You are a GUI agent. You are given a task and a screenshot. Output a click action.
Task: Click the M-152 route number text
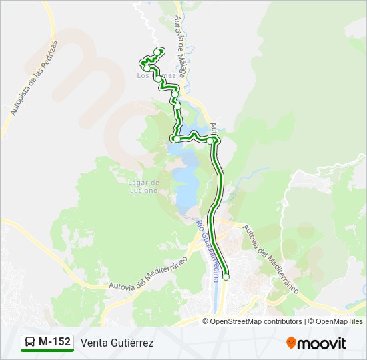55,342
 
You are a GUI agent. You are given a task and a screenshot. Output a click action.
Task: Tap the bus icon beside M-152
30,343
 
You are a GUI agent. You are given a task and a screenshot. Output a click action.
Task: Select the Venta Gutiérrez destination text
117,343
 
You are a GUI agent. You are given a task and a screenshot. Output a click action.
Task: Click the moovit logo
316,343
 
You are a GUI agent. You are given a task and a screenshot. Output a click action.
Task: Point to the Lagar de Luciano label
144,186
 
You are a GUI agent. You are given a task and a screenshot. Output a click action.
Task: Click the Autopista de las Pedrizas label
34,78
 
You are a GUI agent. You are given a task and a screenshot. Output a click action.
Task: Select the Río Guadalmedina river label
207,250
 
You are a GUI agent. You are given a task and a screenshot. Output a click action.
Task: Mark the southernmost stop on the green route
226,277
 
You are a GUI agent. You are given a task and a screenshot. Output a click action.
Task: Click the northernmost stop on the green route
158,51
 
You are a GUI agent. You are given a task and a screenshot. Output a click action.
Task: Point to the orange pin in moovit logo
291,343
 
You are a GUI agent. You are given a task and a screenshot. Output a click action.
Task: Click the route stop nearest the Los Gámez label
158,79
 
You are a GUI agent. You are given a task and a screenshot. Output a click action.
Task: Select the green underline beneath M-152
47,351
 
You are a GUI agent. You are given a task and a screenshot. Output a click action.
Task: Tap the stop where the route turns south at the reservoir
210,141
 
